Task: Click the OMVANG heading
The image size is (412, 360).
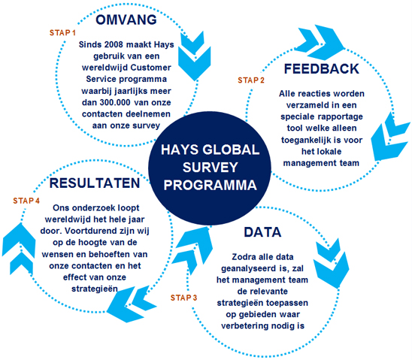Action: [x=126, y=20]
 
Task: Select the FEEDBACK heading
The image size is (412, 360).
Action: [x=321, y=69]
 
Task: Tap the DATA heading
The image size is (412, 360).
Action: [x=262, y=232]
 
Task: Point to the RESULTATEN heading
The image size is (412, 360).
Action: [x=95, y=183]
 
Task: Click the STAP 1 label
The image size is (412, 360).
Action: [x=62, y=33]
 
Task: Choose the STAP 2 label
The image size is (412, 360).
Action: [x=251, y=80]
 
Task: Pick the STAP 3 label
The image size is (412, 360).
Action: [x=183, y=298]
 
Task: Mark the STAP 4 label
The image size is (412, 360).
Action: [x=26, y=201]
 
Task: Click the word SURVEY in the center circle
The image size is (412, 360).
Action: [x=211, y=168]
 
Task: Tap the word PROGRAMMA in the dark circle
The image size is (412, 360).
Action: [x=211, y=185]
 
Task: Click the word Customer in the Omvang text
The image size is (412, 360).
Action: [x=150, y=68]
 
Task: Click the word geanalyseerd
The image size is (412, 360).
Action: [x=244, y=268]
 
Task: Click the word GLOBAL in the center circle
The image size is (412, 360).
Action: [x=231, y=150]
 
